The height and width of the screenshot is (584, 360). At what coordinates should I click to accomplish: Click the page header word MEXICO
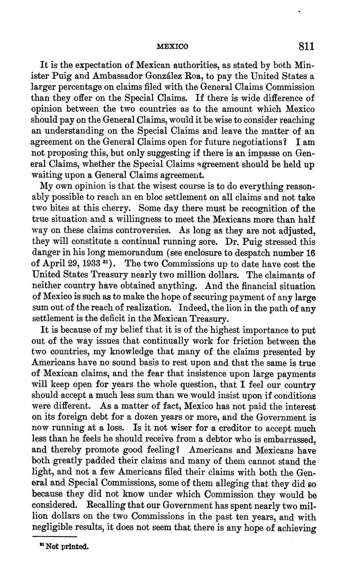[x=172, y=46]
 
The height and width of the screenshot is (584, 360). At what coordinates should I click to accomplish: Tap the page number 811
[x=307, y=46]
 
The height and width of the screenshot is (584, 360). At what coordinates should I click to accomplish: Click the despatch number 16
[x=309, y=253]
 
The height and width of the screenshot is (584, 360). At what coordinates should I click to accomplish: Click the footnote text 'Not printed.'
[x=65, y=546]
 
